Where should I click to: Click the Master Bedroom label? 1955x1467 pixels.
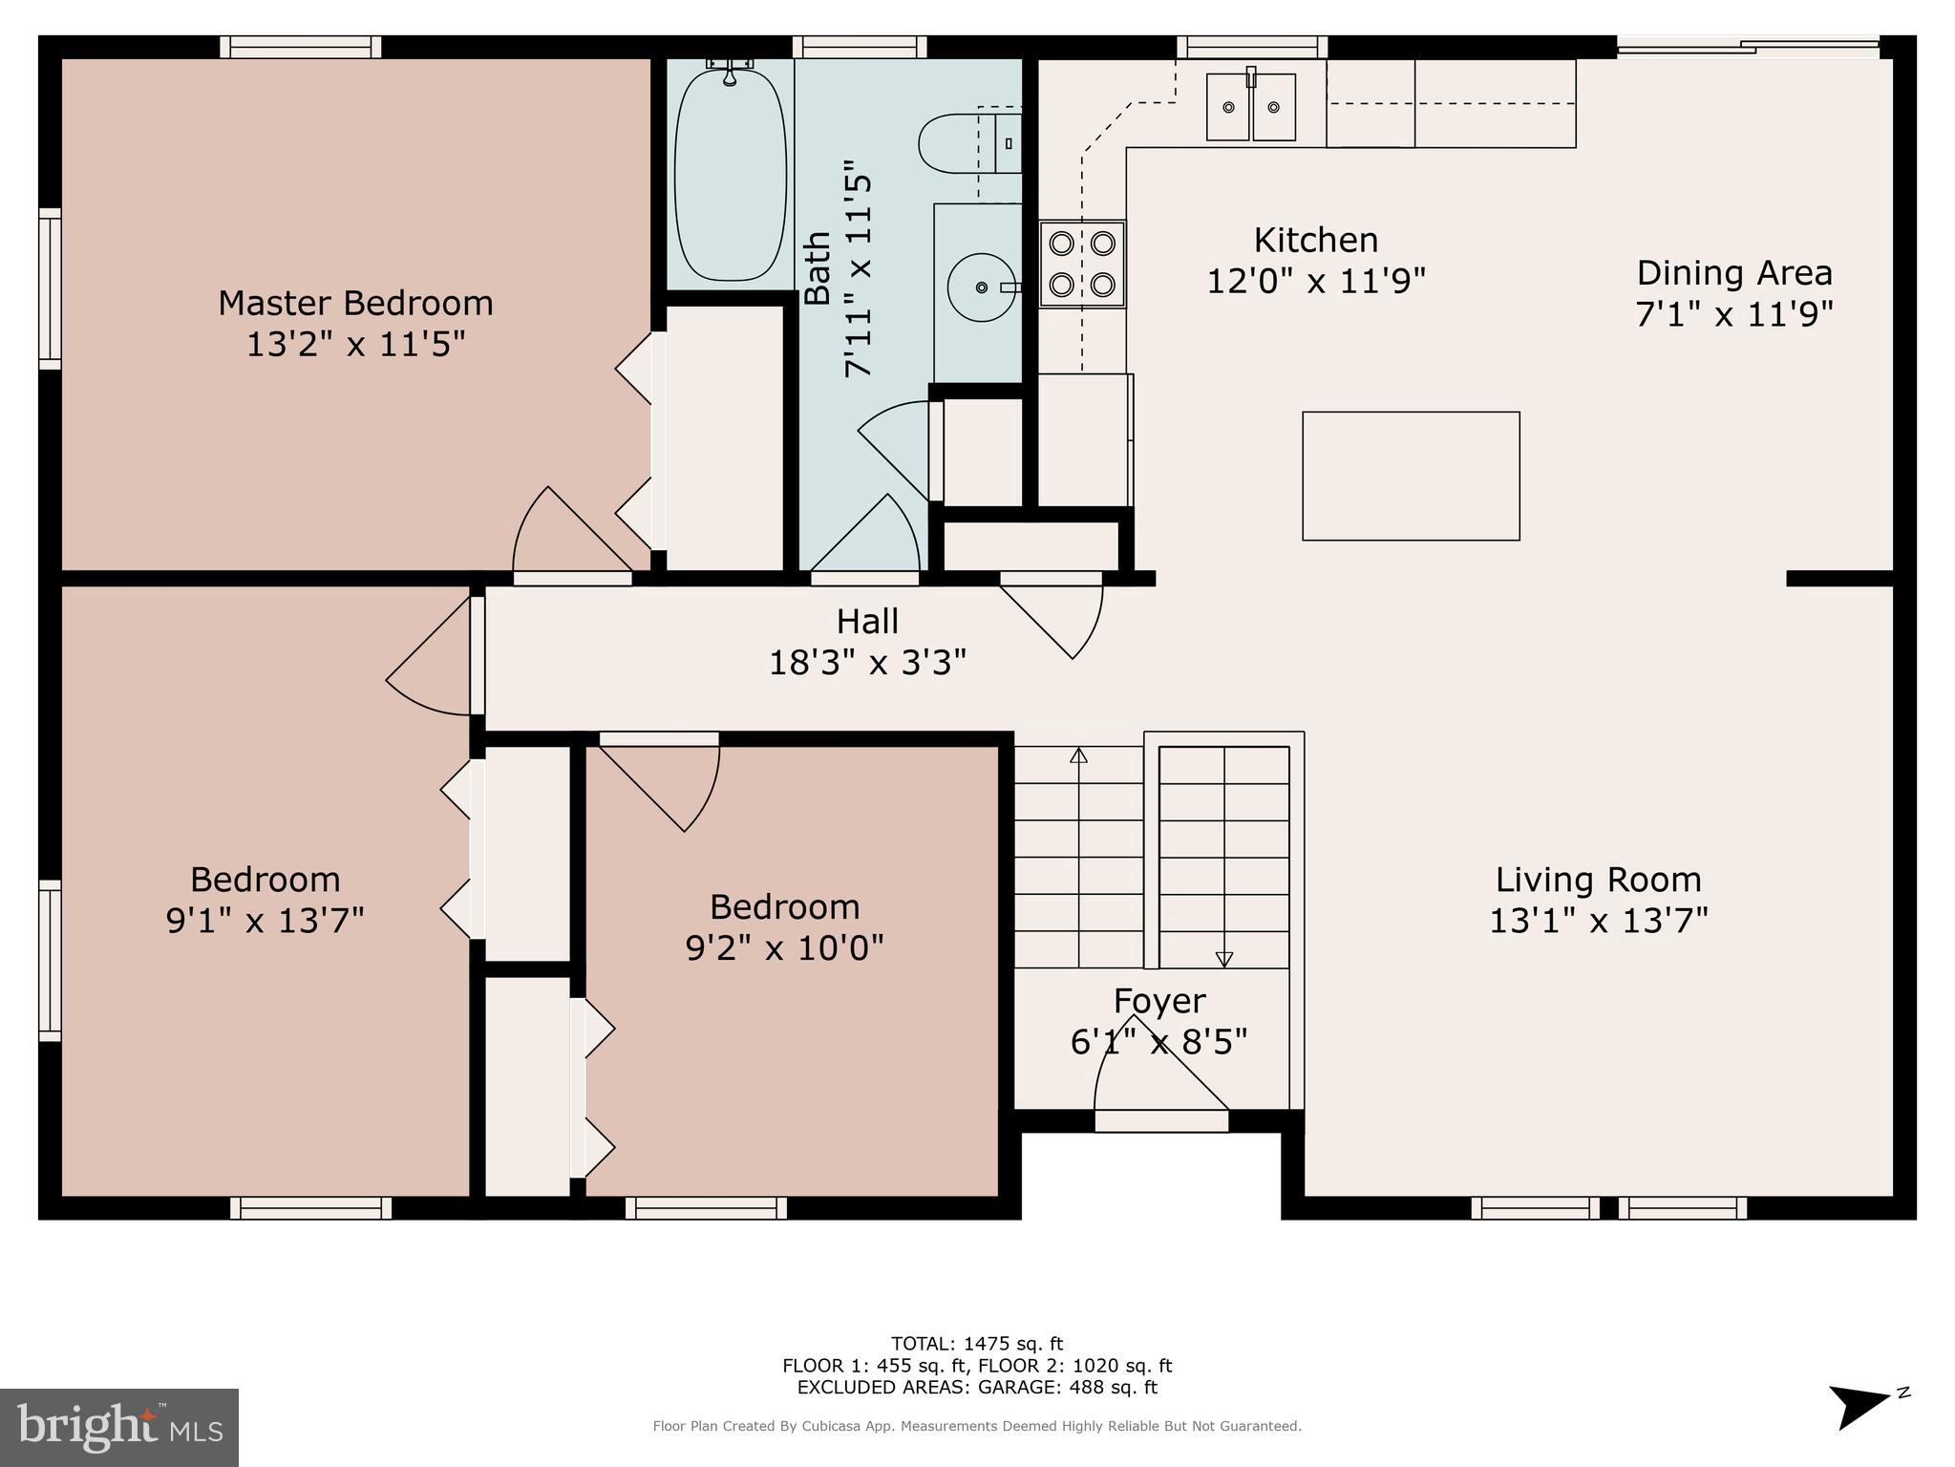(355, 303)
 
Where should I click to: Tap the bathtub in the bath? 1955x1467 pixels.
(731, 174)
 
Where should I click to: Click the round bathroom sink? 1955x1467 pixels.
(981, 287)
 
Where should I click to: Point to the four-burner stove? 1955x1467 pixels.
(1082, 264)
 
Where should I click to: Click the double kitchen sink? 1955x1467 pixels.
(1250, 107)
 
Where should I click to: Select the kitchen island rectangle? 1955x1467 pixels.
(1411, 476)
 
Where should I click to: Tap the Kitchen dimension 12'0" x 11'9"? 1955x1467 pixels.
(1316, 281)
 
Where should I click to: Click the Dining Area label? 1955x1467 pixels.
(1734, 273)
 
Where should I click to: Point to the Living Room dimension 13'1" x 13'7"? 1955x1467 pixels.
(1598, 921)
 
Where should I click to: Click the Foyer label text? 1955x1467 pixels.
(1159, 1001)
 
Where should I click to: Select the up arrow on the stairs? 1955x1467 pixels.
(1078, 755)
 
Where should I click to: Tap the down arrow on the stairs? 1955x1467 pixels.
(1223, 959)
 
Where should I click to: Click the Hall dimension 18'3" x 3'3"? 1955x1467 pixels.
(867, 662)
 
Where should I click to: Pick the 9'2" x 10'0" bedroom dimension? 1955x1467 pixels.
(784, 947)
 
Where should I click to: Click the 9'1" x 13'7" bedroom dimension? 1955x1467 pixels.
(266, 921)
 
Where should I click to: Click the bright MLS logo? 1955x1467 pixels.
(119, 1427)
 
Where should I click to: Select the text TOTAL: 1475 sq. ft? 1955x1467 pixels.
(976, 1344)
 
